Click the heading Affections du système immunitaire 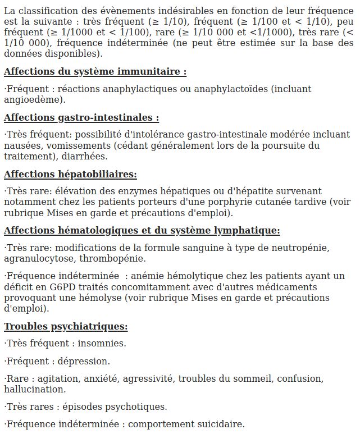[95, 72]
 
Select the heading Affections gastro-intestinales [81, 118]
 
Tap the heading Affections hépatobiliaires [70, 175]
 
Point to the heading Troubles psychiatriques [66, 327]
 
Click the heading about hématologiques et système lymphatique [142, 231]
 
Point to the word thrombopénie [112, 258]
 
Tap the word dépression [84, 361]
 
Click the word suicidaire [222, 424]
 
